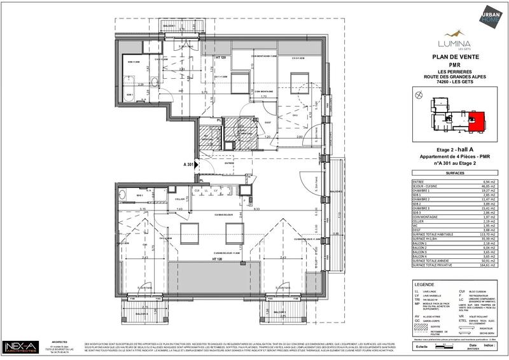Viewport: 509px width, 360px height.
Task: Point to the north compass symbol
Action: [417, 95]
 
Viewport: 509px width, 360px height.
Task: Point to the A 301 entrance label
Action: [188, 165]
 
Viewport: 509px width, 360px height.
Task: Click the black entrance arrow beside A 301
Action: [197, 165]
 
